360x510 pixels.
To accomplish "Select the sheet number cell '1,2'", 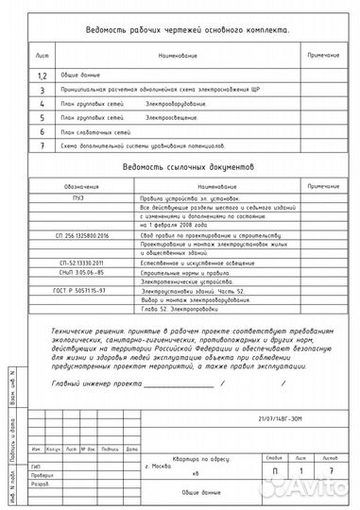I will click(42, 76).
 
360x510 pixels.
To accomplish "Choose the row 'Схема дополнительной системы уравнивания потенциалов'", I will click(142, 147).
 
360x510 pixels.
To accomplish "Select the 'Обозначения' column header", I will click(71, 186).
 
